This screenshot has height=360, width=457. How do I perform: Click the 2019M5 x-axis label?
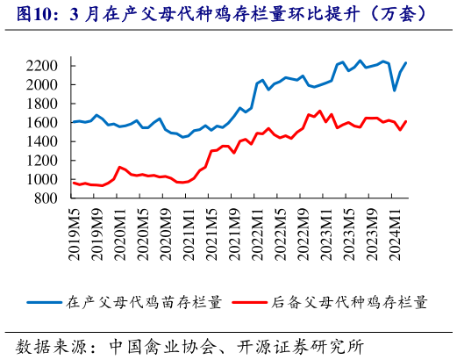(74, 232)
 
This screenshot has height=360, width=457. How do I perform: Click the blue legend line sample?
(44, 302)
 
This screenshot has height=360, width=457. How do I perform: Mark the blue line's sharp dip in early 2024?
(395, 90)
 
